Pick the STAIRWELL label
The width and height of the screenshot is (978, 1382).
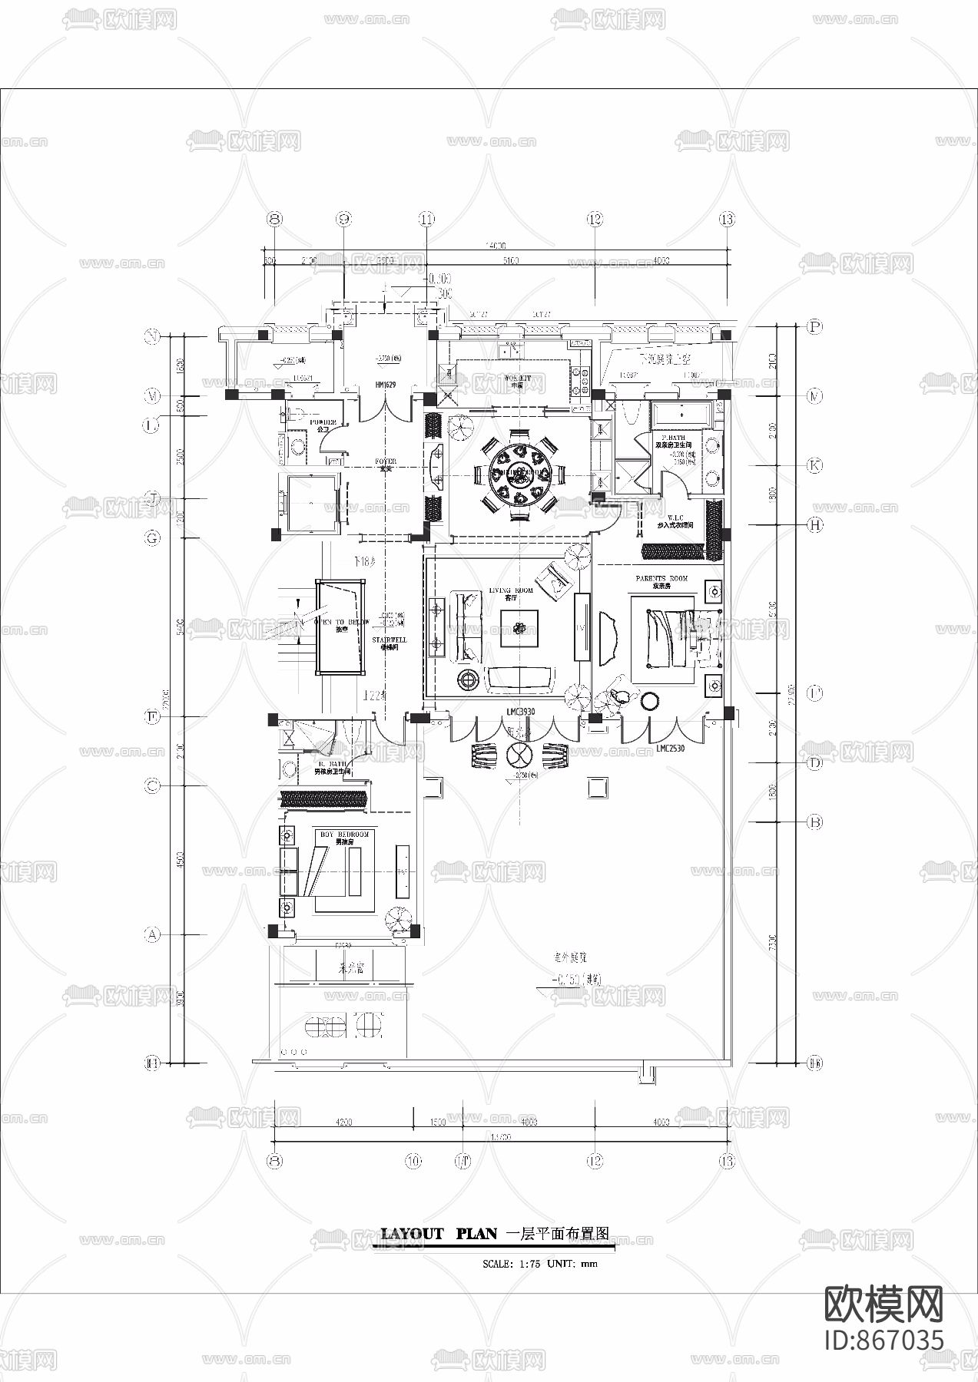tap(390, 640)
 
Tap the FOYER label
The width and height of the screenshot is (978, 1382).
tap(385, 461)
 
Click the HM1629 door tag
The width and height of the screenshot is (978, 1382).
tap(385, 384)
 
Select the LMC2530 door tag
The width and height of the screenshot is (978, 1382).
tap(671, 747)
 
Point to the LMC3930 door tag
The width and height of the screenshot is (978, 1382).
tap(520, 712)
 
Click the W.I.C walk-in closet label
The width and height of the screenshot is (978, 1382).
tap(675, 518)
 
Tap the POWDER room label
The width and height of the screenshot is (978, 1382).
tap(323, 422)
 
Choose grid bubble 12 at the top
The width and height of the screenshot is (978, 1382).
tap(594, 220)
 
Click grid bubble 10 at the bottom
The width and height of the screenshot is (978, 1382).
tap(414, 1161)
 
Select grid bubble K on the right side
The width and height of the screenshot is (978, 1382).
tap(814, 465)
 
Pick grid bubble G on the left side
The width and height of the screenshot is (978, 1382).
tap(153, 538)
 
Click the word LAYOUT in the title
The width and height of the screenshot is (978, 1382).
tap(413, 1234)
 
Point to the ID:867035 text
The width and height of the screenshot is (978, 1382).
tap(883, 1339)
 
